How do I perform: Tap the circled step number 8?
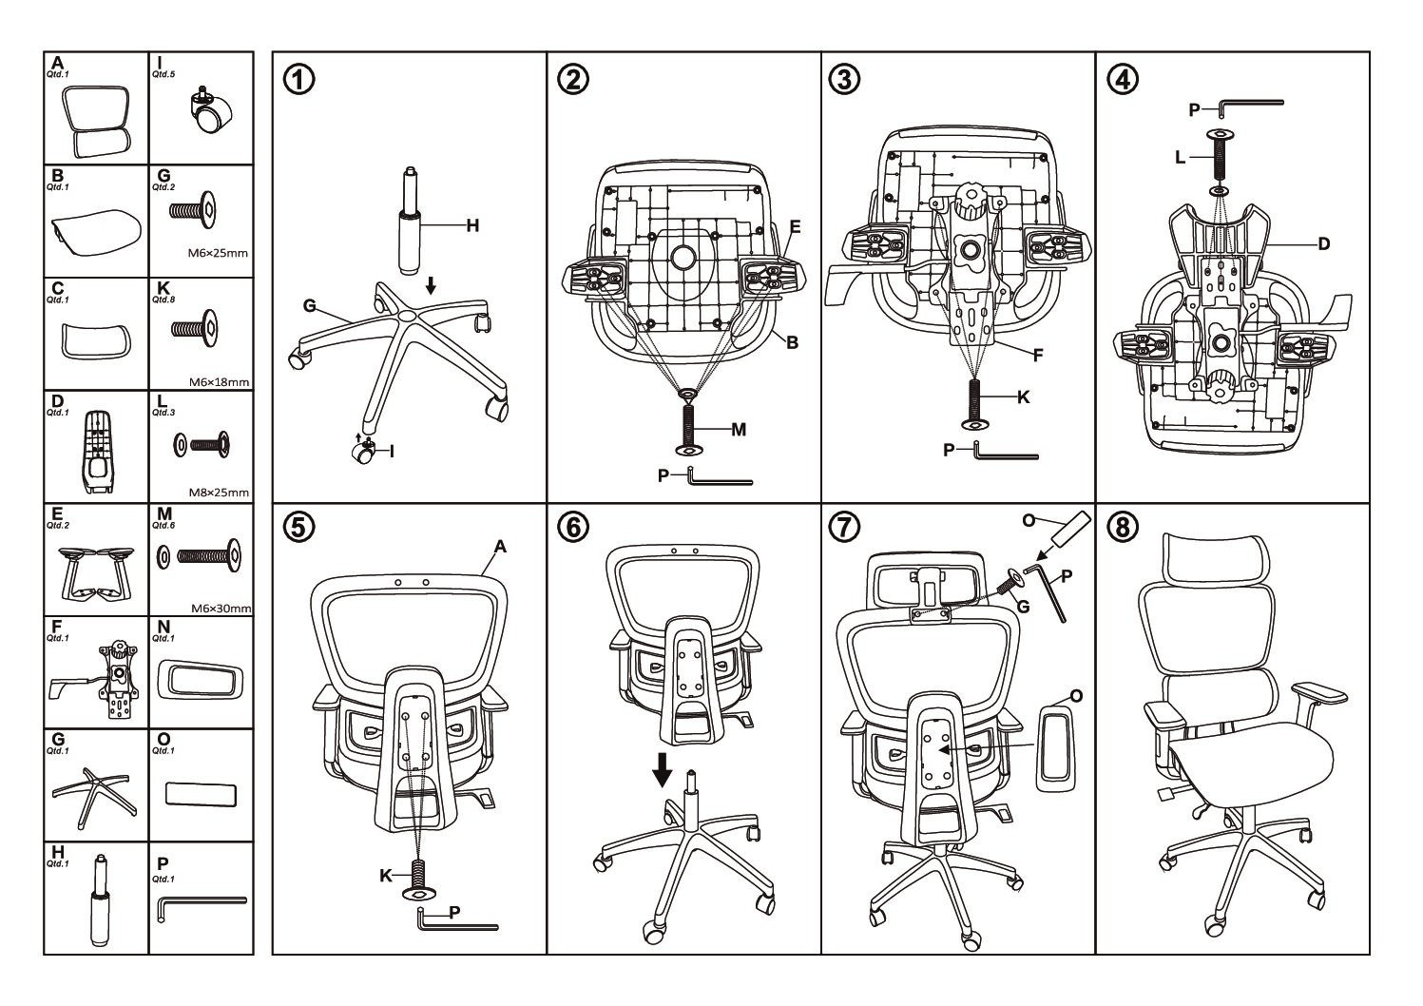1122,526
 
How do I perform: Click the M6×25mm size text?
218,253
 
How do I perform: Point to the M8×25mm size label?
218,493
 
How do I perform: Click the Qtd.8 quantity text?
163,299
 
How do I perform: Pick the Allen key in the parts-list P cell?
200,903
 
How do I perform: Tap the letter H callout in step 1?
472,225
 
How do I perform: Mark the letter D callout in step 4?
1323,244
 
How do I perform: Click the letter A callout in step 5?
500,546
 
